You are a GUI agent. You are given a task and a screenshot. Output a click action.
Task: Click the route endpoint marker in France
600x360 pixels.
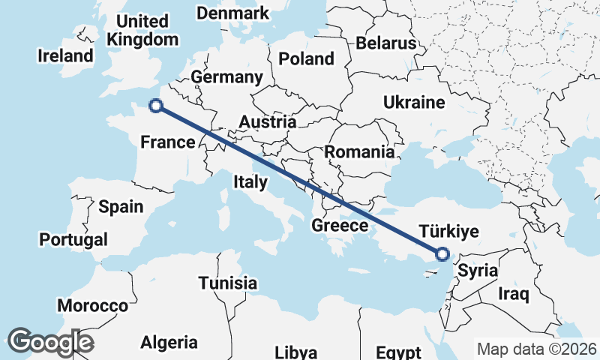[155, 106]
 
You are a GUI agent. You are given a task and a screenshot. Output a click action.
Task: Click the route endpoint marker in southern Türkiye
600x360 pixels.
[442, 254]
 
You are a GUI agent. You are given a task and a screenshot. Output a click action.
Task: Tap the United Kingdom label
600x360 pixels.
[142, 30]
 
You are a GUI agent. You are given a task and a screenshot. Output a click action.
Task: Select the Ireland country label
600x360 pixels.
[67, 55]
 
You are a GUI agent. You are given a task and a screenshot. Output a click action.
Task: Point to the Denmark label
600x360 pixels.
[232, 13]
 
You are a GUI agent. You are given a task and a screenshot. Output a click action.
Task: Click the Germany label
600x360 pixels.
[226, 77]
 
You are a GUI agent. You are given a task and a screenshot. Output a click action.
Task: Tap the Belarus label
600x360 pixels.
[385, 43]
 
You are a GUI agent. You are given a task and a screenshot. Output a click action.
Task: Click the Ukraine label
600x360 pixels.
[413, 102]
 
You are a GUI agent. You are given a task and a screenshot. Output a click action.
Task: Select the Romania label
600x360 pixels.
[359, 152]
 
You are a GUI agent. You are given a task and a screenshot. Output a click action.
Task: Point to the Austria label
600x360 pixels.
[267, 121]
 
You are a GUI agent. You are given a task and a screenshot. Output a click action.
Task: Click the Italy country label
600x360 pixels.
[250, 181]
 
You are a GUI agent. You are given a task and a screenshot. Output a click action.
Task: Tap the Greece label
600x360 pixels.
[340, 225]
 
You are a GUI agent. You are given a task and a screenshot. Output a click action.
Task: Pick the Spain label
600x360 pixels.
[121, 206]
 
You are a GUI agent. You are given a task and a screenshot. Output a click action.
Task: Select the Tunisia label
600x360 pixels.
[228, 283]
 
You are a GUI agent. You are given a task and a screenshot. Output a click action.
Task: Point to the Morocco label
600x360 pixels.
[93, 306]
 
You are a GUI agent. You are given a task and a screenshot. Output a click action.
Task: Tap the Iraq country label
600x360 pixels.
[514, 294]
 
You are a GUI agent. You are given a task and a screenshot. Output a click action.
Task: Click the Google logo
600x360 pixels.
[50, 342]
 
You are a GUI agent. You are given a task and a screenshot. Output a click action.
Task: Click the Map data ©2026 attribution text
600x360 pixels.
[536, 349]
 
